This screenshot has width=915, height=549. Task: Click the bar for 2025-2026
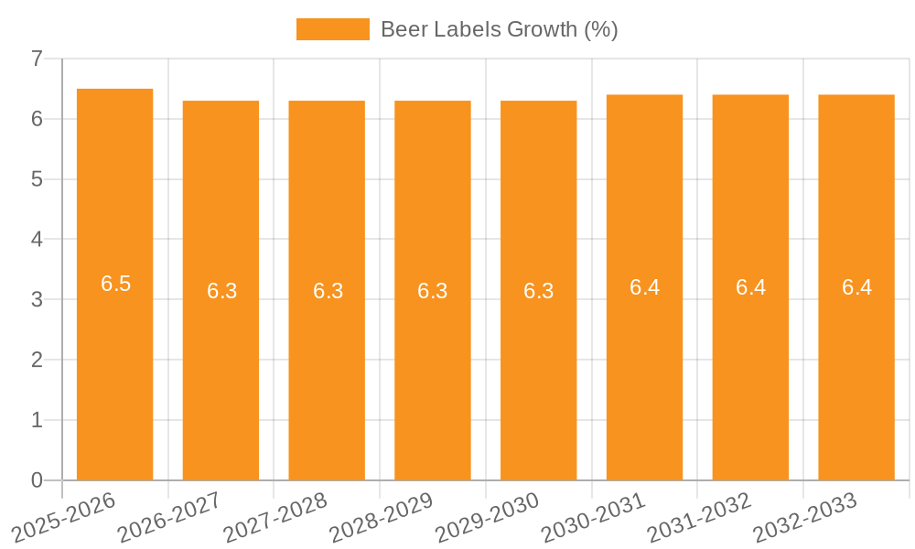114,366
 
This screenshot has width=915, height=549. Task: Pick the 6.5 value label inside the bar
116,284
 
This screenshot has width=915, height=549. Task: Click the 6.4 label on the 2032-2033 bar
856,287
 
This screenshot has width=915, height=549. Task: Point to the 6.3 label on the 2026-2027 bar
221,291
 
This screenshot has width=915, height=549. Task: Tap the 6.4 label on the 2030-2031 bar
644,287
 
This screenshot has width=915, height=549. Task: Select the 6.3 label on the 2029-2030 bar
538,291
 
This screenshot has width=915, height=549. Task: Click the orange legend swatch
332,29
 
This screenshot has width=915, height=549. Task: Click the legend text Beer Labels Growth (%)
499,29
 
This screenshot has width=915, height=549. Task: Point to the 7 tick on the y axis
37,59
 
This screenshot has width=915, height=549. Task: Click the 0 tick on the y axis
37,480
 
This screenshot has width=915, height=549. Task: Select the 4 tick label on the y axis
37,239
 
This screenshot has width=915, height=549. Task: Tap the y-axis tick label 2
37,360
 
